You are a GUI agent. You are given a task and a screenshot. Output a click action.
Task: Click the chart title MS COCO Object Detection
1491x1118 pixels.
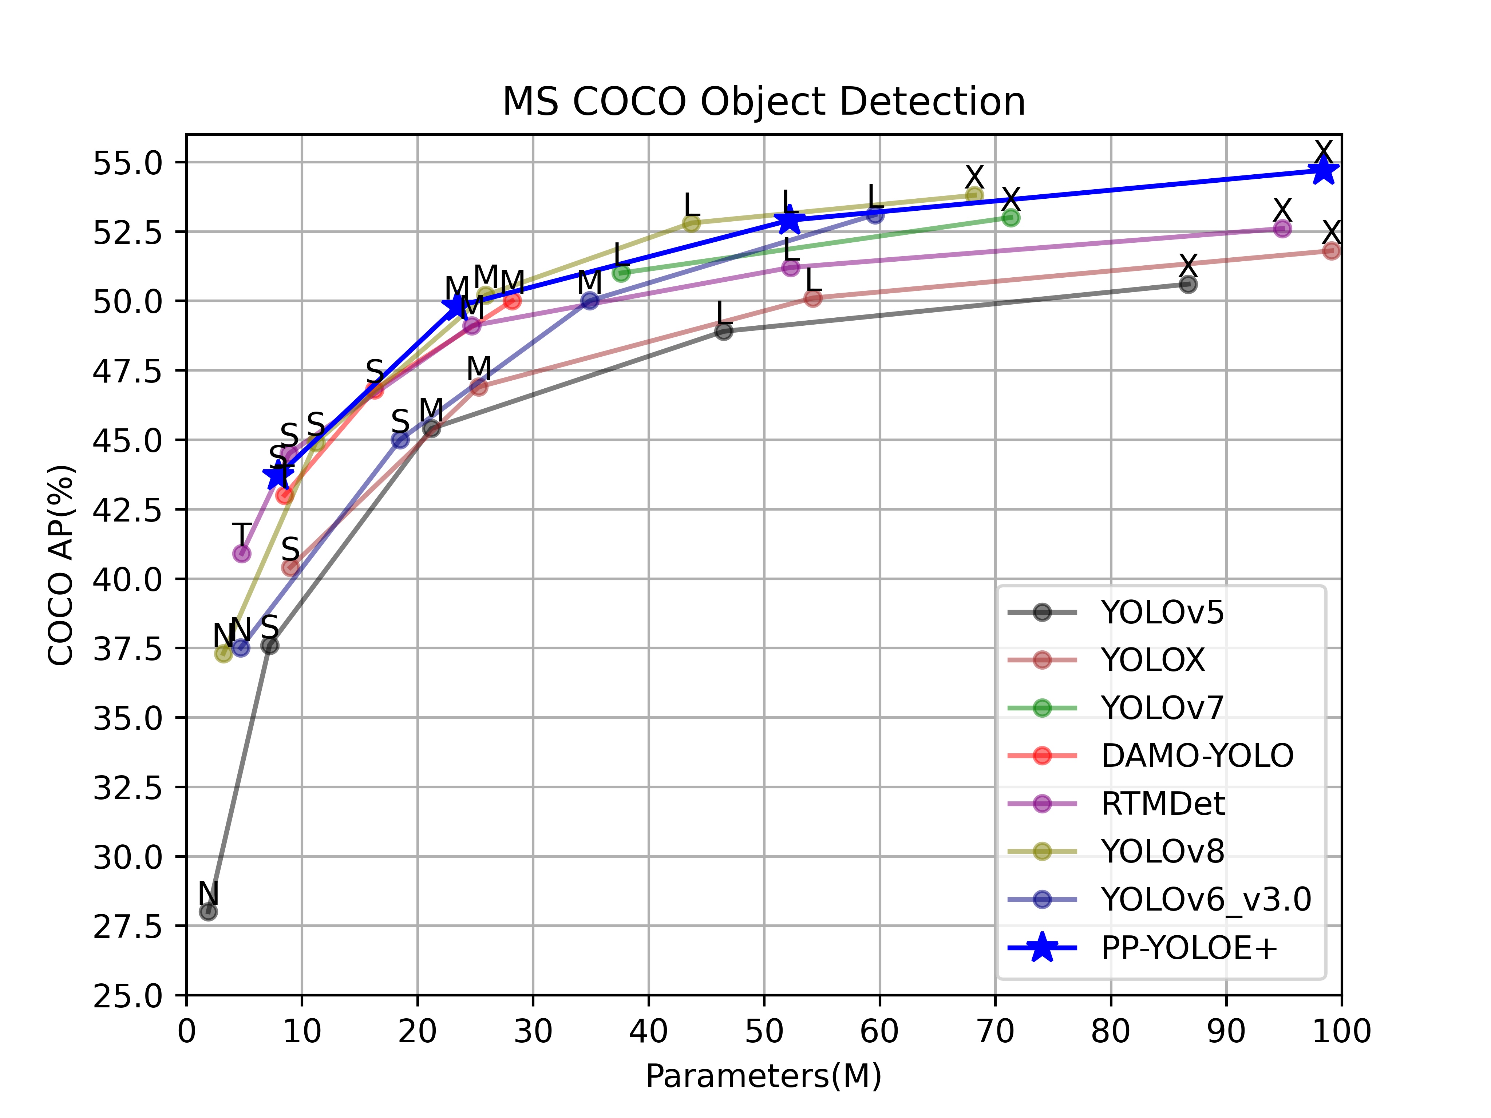pyautogui.click(x=764, y=102)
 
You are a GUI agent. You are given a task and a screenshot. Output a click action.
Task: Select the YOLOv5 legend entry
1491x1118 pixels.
pyautogui.click(x=1162, y=612)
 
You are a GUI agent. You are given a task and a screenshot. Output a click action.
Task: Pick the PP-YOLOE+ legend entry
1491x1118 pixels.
pyautogui.click(x=1189, y=948)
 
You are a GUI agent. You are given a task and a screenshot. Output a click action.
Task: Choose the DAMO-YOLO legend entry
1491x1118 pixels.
pyautogui.click(x=1197, y=756)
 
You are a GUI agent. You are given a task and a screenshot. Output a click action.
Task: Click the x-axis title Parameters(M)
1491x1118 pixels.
pyautogui.click(x=764, y=1076)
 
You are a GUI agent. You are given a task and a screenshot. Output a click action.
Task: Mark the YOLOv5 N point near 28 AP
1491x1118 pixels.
pyautogui.click(x=208, y=912)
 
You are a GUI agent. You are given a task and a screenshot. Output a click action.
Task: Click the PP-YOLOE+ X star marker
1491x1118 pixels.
pyautogui.click(x=1323, y=170)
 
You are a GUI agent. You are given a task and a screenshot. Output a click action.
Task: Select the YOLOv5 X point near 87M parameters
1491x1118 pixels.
pyautogui.click(x=1189, y=284)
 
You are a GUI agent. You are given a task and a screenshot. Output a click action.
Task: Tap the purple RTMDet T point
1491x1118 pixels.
pyautogui.click(x=241, y=553)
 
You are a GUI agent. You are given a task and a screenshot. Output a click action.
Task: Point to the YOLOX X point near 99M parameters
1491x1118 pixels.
pyautogui.click(x=1331, y=251)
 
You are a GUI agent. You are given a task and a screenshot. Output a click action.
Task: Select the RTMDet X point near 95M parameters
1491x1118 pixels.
pyautogui.click(x=1282, y=229)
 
